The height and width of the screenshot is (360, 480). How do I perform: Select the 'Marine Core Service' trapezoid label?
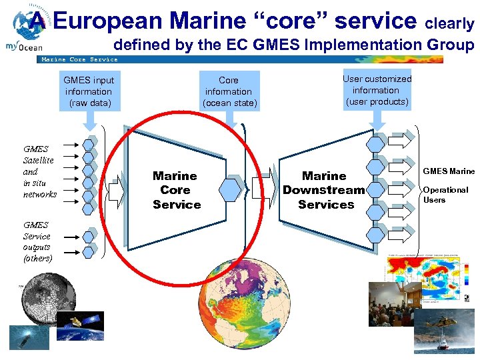pos(176,190)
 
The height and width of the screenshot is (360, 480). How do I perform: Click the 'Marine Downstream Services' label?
pos(325,190)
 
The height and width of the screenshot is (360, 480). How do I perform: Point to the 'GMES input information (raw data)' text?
pos(89,92)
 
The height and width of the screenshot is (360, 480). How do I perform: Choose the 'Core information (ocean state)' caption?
pos(229,92)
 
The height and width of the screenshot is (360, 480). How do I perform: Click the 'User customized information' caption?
pos(377,90)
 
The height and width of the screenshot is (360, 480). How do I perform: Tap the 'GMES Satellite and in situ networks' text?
pos(39,172)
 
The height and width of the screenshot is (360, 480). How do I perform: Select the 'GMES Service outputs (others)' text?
pos(37,241)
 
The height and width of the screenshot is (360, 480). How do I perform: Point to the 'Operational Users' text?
pos(445,195)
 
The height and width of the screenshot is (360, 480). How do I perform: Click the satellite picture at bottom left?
pos(79,326)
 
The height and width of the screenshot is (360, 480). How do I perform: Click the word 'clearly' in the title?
pos(450,24)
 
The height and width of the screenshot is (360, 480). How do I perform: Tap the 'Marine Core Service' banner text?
pos(79,59)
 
